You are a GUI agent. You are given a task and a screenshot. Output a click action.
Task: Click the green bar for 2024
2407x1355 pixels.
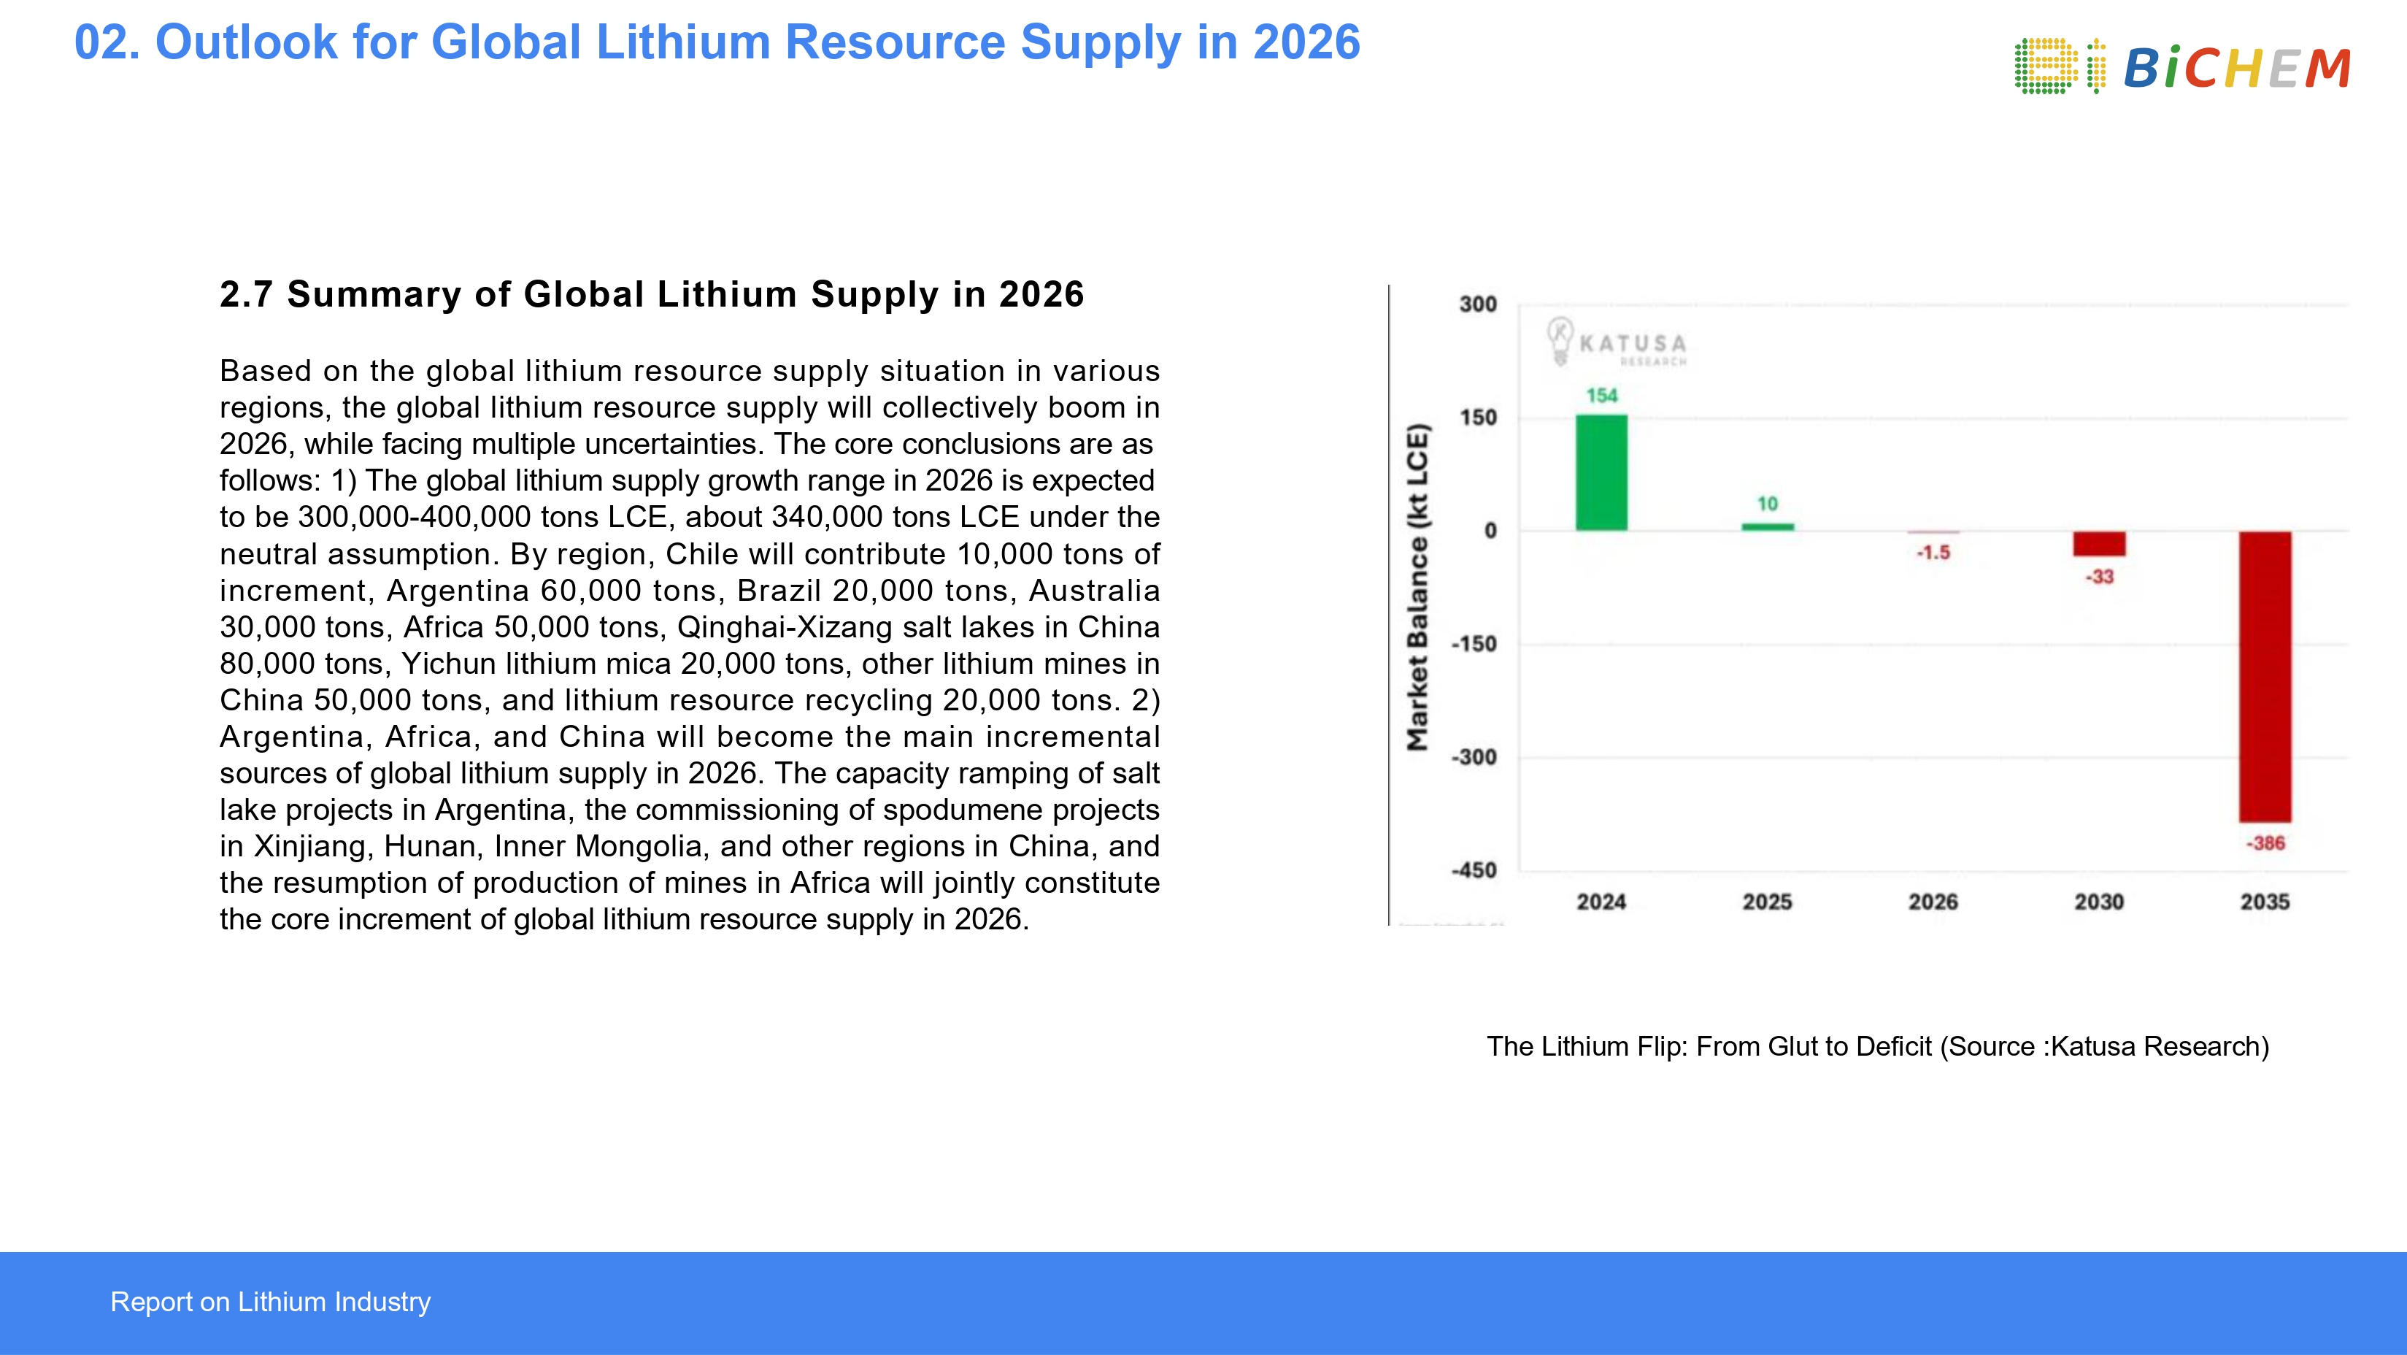tap(1601, 473)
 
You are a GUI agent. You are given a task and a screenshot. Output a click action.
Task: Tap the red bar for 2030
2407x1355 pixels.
tap(2099, 544)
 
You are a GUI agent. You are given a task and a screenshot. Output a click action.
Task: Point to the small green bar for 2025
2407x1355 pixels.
tap(1767, 527)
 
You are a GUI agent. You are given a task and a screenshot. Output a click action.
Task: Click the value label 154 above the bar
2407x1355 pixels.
tap(1601, 395)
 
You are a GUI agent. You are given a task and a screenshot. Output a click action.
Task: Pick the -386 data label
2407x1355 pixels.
tap(2265, 843)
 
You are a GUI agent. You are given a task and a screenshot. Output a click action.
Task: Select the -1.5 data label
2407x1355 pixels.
tap(1933, 552)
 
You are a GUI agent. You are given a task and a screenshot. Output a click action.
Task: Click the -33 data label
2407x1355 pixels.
tap(2099, 577)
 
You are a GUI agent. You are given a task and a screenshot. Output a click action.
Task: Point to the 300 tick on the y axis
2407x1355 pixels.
tap(1477, 304)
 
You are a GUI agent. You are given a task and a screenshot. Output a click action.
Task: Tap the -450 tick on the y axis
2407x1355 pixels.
tap(1474, 871)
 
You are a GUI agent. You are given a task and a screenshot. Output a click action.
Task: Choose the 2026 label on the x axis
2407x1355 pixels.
tap(1933, 902)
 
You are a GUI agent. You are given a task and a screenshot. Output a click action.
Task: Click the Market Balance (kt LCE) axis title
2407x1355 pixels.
tap(1417, 587)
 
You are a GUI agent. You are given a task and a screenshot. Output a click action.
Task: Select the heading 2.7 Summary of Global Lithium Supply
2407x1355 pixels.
tap(651, 294)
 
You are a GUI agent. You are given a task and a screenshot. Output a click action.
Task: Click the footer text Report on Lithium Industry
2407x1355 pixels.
tap(270, 1302)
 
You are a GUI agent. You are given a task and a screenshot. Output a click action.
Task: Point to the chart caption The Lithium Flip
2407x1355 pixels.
tap(1877, 1047)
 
